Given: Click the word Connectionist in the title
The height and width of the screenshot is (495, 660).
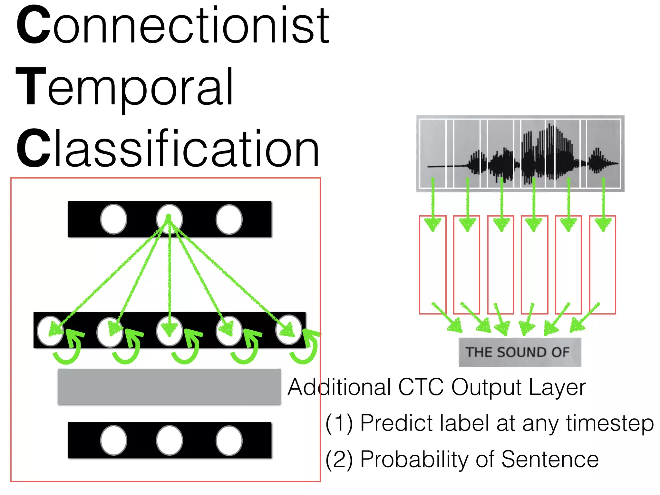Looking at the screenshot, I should [x=173, y=26].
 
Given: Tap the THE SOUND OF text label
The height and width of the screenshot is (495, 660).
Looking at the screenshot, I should [x=518, y=352].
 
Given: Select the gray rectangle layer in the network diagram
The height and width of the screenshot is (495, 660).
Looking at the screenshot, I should [x=169, y=386].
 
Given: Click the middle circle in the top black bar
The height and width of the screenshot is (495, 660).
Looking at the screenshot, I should [x=169, y=219].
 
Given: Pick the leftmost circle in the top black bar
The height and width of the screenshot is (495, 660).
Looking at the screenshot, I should [x=113, y=219].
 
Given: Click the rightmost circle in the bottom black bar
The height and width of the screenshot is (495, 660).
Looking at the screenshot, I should [x=229, y=440].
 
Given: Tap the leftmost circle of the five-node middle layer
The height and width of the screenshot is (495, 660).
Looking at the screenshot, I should [x=50, y=331].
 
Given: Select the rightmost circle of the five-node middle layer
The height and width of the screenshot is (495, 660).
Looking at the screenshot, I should [x=289, y=330].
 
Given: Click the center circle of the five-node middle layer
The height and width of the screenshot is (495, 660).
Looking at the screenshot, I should [x=169, y=331].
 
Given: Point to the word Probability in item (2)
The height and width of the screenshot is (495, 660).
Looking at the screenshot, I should [x=414, y=459].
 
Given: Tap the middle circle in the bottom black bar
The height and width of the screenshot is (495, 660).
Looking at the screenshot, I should [x=169, y=440].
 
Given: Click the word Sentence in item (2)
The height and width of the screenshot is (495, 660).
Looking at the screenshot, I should [x=550, y=459].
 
